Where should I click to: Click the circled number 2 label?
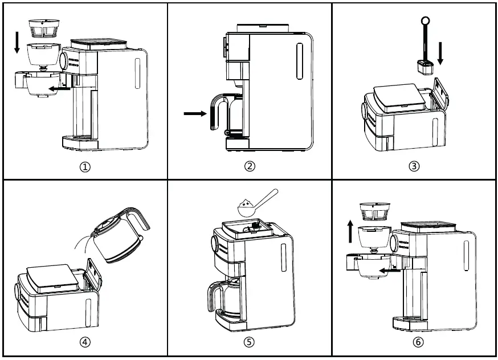(250, 166)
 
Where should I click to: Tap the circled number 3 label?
(414, 166)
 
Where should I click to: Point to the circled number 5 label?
(250, 342)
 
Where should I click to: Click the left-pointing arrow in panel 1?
(59, 88)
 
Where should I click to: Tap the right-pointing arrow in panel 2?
(195, 114)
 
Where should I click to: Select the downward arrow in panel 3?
(439, 54)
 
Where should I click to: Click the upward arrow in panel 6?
(350, 233)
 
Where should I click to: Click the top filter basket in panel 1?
(44, 27)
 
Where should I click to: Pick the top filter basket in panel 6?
(374, 211)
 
